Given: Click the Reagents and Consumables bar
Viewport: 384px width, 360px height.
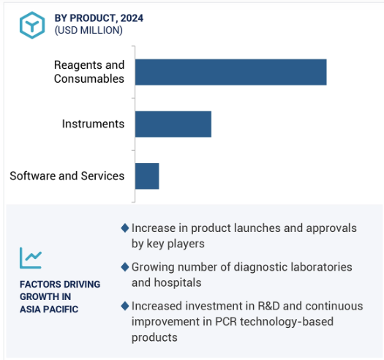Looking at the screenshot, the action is coord(230,72).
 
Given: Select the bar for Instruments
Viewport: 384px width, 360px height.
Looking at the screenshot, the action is coord(173,124).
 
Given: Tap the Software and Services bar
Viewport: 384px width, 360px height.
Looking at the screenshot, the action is coord(147,176).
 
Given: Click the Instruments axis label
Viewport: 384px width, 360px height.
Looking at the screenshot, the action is coord(93,124).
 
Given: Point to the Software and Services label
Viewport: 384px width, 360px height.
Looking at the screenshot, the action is coord(67,176).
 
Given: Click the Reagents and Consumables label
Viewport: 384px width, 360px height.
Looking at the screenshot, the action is coord(89,72).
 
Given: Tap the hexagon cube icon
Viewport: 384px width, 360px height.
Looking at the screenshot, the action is coord(32,25).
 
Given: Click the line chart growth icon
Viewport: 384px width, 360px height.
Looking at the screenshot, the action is coord(31,258).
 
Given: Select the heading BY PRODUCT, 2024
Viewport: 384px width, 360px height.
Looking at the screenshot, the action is coord(99,18).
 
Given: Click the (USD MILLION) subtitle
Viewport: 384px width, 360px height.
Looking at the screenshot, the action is coord(89,31).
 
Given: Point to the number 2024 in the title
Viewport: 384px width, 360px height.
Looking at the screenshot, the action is coord(132,18).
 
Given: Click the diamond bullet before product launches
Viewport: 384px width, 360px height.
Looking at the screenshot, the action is coord(125,228).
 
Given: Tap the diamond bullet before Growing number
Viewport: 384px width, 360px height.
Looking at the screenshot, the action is coord(125,267).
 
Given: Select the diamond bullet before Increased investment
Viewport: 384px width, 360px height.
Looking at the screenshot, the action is coord(125,306).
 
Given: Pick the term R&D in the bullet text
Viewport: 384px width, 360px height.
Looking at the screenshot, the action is coord(268,306).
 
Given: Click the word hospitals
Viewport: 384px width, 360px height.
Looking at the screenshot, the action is coord(178,282).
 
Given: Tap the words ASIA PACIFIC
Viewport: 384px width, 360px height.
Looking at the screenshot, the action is coord(49,310).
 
